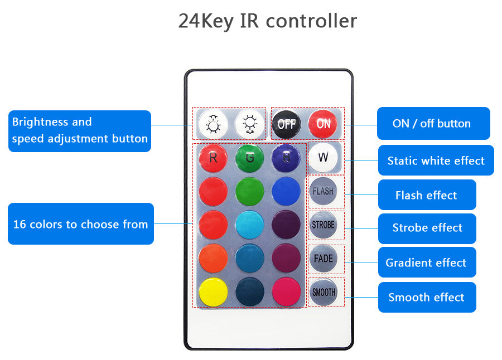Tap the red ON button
point(324,124)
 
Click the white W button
point(324,158)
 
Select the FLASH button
point(324,191)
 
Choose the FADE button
point(324,259)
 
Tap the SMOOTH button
point(324,292)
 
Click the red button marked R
point(214,158)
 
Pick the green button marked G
point(249,158)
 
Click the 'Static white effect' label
point(436,160)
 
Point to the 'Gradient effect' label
point(426,262)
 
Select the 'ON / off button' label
point(433,123)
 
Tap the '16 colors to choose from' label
point(80,224)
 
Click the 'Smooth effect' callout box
point(427,297)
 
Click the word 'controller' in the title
point(311,21)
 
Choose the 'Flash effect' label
point(427,195)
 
